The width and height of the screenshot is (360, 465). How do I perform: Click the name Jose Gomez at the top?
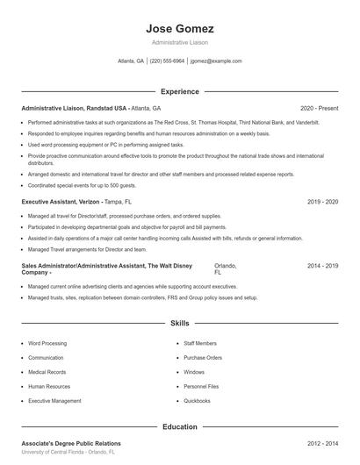179,29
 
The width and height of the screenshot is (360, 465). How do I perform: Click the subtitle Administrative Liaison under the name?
179,42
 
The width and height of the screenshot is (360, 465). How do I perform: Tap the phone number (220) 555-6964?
167,61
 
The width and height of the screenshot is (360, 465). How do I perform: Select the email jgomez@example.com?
216,61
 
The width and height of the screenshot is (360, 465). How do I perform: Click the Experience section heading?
179,91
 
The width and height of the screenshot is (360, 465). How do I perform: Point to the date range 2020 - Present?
320,108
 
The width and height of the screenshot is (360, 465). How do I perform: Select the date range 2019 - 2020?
323,201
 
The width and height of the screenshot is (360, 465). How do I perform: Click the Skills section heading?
179,324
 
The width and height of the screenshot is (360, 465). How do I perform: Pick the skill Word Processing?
47,344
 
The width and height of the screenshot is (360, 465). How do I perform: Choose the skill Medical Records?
47,372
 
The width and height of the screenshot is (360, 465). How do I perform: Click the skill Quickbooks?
198,400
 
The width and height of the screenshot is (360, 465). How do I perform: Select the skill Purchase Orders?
203,358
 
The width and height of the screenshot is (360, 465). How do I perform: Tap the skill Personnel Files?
201,386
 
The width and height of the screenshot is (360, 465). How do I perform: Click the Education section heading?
179,426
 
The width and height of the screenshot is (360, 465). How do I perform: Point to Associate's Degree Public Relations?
71,443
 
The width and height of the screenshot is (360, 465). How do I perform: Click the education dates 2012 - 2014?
323,443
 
